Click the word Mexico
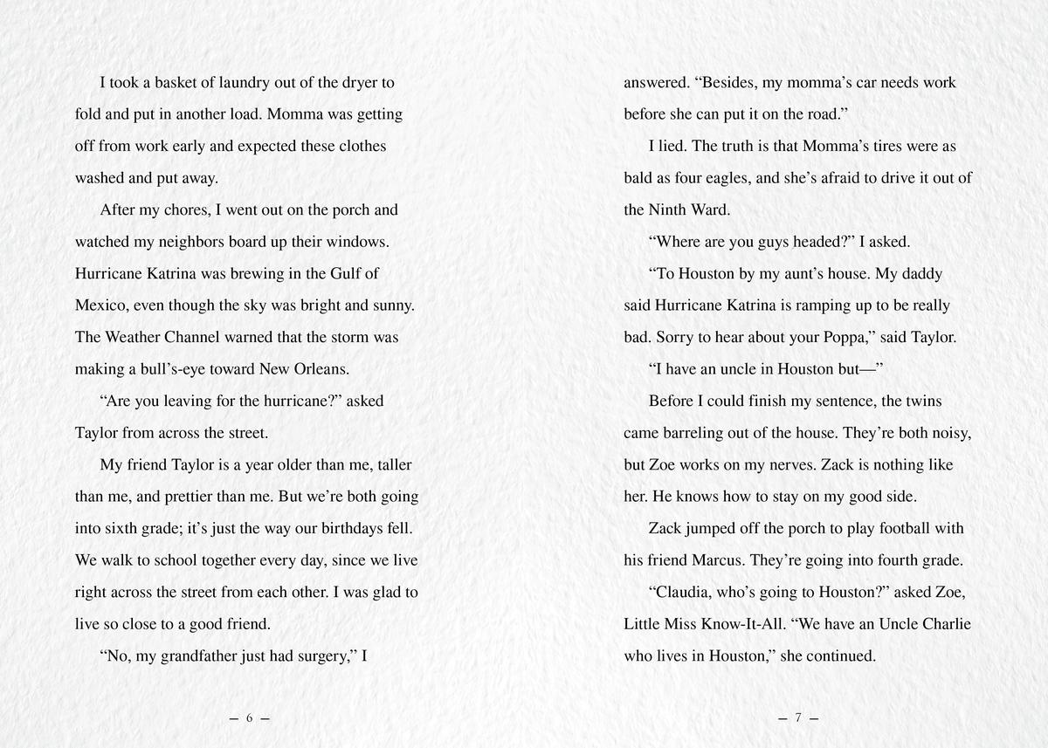[103, 305]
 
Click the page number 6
[249, 718]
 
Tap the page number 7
[797, 718]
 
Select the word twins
[925, 401]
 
